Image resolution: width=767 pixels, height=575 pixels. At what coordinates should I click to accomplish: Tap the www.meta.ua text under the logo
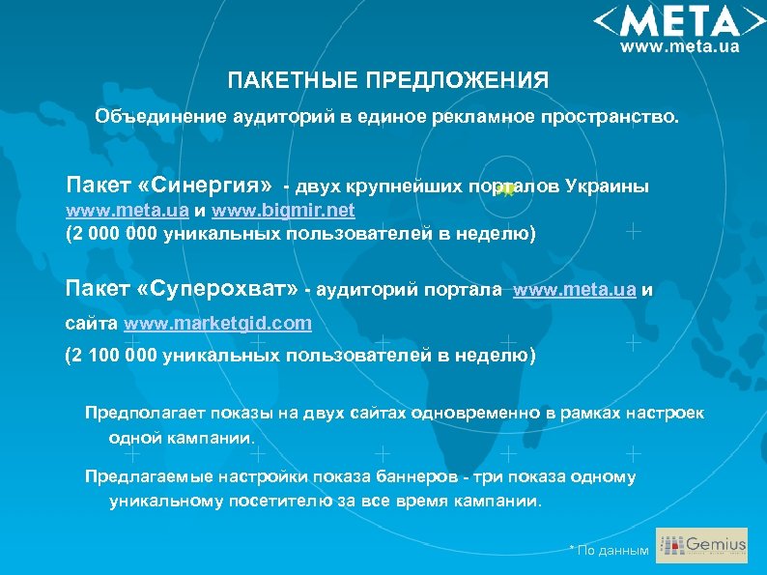tap(679, 45)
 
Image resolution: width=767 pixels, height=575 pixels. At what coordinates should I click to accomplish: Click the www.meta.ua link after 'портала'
tap(574, 289)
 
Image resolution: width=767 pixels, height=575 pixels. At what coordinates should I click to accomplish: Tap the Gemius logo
tap(701, 546)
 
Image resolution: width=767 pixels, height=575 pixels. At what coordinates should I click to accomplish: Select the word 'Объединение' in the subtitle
tap(159, 117)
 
